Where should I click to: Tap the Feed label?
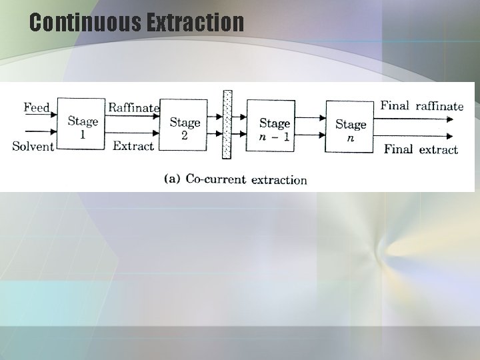coord(36,107)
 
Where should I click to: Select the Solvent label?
coord(33,146)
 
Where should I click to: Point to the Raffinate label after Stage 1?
coord(133,107)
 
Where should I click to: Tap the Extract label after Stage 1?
coord(133,145)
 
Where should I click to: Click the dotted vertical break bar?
coord(227,125)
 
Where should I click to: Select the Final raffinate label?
coord(421,105)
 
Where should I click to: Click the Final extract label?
coord(421,149)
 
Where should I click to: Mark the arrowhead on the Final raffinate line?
coord(450,119)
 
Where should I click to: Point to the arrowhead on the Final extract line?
coord(450,135)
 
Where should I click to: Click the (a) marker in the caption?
coord(172,179)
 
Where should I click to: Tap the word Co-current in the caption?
coord(215,179)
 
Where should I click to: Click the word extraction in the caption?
coord(279,179)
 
